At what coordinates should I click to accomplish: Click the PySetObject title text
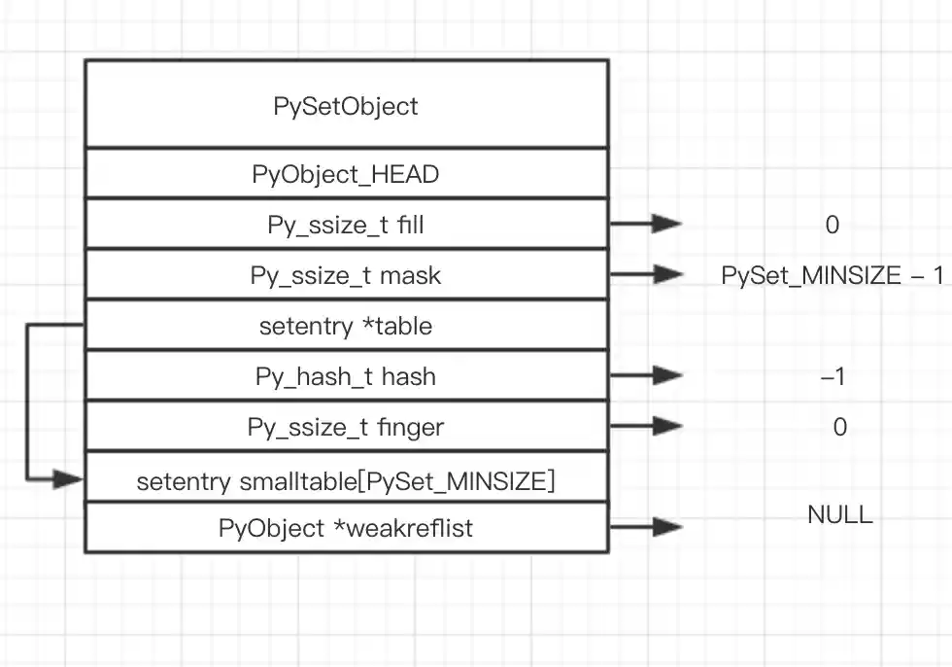point(346,105)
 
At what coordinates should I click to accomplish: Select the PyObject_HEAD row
point(346,175)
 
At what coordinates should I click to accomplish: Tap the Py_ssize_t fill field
point(346,226)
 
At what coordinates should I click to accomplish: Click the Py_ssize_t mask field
point(346,276)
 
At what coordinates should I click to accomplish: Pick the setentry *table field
point(346,326)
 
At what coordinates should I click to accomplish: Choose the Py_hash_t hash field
point(346,376)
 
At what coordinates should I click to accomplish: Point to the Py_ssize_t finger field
point(346,427)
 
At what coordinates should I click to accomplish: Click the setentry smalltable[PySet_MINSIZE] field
point(346,480)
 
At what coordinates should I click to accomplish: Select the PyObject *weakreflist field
point(346,528)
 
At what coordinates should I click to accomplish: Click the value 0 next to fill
point(832,226)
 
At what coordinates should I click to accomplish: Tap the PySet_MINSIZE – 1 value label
point(832,276)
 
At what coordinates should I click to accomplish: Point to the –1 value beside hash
point(833,376)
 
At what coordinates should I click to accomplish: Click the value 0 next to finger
point(840,427)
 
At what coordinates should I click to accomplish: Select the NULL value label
point(840,514)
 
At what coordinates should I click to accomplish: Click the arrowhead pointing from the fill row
point(667,224)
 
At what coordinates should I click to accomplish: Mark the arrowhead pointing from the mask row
point(667,274)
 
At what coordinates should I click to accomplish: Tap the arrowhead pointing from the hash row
point(667,375)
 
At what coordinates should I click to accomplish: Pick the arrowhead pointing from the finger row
point(667,425)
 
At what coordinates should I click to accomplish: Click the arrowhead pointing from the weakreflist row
point(667,527)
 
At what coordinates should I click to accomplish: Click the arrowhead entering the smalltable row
point(68,478)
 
